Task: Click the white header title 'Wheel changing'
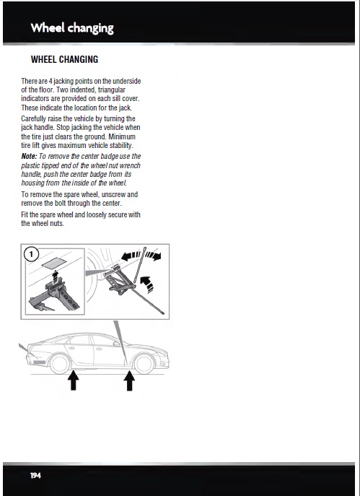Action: point(72,28)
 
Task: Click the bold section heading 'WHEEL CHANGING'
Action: point(64,59)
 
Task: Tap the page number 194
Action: point(36,476)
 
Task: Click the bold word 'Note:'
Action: point(29,156)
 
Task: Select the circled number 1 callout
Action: point(31,254)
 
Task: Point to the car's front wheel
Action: point(144,364)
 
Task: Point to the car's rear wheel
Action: point(59,364)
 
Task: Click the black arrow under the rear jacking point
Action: point(74,380)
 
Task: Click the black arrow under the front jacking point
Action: point(129,381)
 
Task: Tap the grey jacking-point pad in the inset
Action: point(54,264)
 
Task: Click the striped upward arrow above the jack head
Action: point(56,277)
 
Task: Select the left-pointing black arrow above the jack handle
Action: point(131,256)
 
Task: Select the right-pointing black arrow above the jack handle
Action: point(154,256)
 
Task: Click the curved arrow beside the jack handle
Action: point(147,284)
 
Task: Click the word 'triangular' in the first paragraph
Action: point(112,90)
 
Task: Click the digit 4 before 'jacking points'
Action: point(51,81)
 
